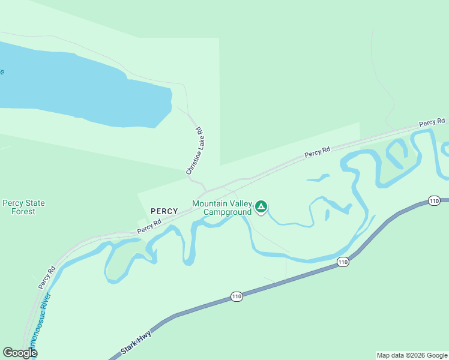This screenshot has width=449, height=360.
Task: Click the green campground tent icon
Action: pos(261,207)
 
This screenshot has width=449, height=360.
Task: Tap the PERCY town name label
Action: pos(164,211)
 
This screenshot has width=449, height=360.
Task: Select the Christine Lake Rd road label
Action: pos(196,151)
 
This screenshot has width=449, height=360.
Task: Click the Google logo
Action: pos(20,353)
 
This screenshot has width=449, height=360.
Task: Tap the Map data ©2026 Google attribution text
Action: pos(412,355)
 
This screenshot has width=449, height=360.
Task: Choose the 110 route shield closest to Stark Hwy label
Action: pos(237,297)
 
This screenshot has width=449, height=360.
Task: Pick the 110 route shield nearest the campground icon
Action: pos(343,262)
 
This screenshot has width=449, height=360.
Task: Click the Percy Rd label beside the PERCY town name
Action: pos(149,226)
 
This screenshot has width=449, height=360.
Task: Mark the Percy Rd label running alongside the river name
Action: pos(47,277)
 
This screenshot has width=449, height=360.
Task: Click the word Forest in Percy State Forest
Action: pos(23,212)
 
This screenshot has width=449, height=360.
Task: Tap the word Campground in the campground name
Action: pos(227,212)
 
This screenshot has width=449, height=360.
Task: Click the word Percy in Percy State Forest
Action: pos(13,203)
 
